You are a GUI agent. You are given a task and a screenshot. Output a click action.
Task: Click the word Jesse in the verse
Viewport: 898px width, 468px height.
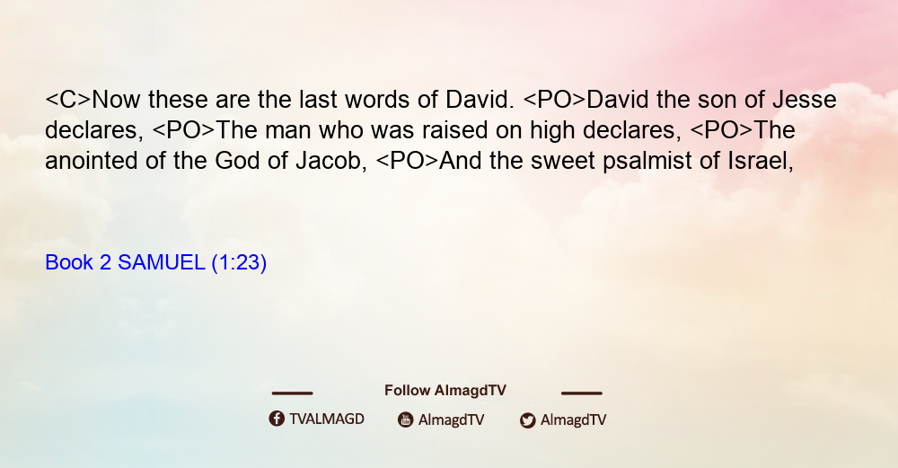(x=804, y=100)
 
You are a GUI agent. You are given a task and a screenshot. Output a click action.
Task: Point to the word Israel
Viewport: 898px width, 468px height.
(x=761, y=161)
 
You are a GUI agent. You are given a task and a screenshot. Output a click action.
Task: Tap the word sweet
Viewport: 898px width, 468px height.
(x=562, y=161)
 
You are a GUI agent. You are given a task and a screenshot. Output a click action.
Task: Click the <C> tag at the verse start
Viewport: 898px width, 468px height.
(x=68, y=101)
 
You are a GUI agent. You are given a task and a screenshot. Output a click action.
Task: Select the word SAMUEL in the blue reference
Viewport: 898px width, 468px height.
(x=161, y=262)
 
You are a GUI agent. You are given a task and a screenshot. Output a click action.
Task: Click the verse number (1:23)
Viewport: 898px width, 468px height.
(x=239, y=263)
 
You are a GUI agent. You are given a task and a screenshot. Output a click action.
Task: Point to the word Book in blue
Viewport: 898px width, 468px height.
(x=69, y=262)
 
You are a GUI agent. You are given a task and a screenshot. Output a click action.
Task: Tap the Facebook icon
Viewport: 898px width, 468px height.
(x=277, y=419)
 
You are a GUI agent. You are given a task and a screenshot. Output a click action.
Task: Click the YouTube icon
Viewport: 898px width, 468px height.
(x=406, y=419)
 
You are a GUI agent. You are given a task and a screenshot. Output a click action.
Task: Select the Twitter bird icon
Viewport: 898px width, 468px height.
(x=527, y=420)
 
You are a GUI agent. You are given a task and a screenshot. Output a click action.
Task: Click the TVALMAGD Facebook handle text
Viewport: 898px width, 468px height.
(x=327, y=419)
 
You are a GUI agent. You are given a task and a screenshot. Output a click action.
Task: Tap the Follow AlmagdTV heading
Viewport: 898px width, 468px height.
(x=445, y=391)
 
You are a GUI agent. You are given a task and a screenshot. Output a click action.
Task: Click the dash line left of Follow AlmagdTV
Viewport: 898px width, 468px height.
(x=292, y=393)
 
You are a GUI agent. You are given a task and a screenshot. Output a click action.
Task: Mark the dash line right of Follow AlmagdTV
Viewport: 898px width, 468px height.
(x=581, y=393)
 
